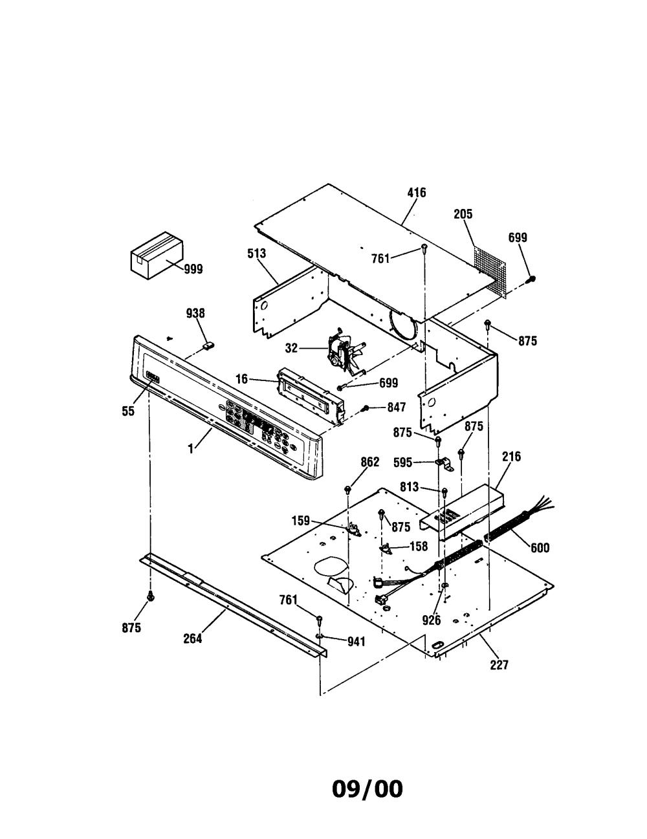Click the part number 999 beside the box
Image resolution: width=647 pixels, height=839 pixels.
point(193,268)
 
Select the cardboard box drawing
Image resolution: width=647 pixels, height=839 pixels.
point(157,254)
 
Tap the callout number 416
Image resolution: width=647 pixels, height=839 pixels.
point(417,192)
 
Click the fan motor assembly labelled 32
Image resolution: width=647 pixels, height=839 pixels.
point(344,355)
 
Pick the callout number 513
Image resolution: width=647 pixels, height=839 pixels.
point(257,254)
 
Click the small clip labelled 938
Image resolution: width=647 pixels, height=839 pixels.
point(208,345)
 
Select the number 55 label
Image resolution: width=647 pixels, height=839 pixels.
point(128,411)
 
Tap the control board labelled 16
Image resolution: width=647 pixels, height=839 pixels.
point(311,396)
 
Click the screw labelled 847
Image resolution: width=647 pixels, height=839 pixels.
point(365,408)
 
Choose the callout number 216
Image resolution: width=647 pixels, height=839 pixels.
point(512,457)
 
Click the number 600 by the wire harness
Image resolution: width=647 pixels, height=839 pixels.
point(540,547)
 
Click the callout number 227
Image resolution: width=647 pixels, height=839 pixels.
point(499,665)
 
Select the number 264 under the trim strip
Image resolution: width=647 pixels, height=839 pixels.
point(193,638)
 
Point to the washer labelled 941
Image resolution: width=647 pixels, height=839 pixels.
point(320,635)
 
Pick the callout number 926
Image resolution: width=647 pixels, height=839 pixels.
point(431,620)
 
